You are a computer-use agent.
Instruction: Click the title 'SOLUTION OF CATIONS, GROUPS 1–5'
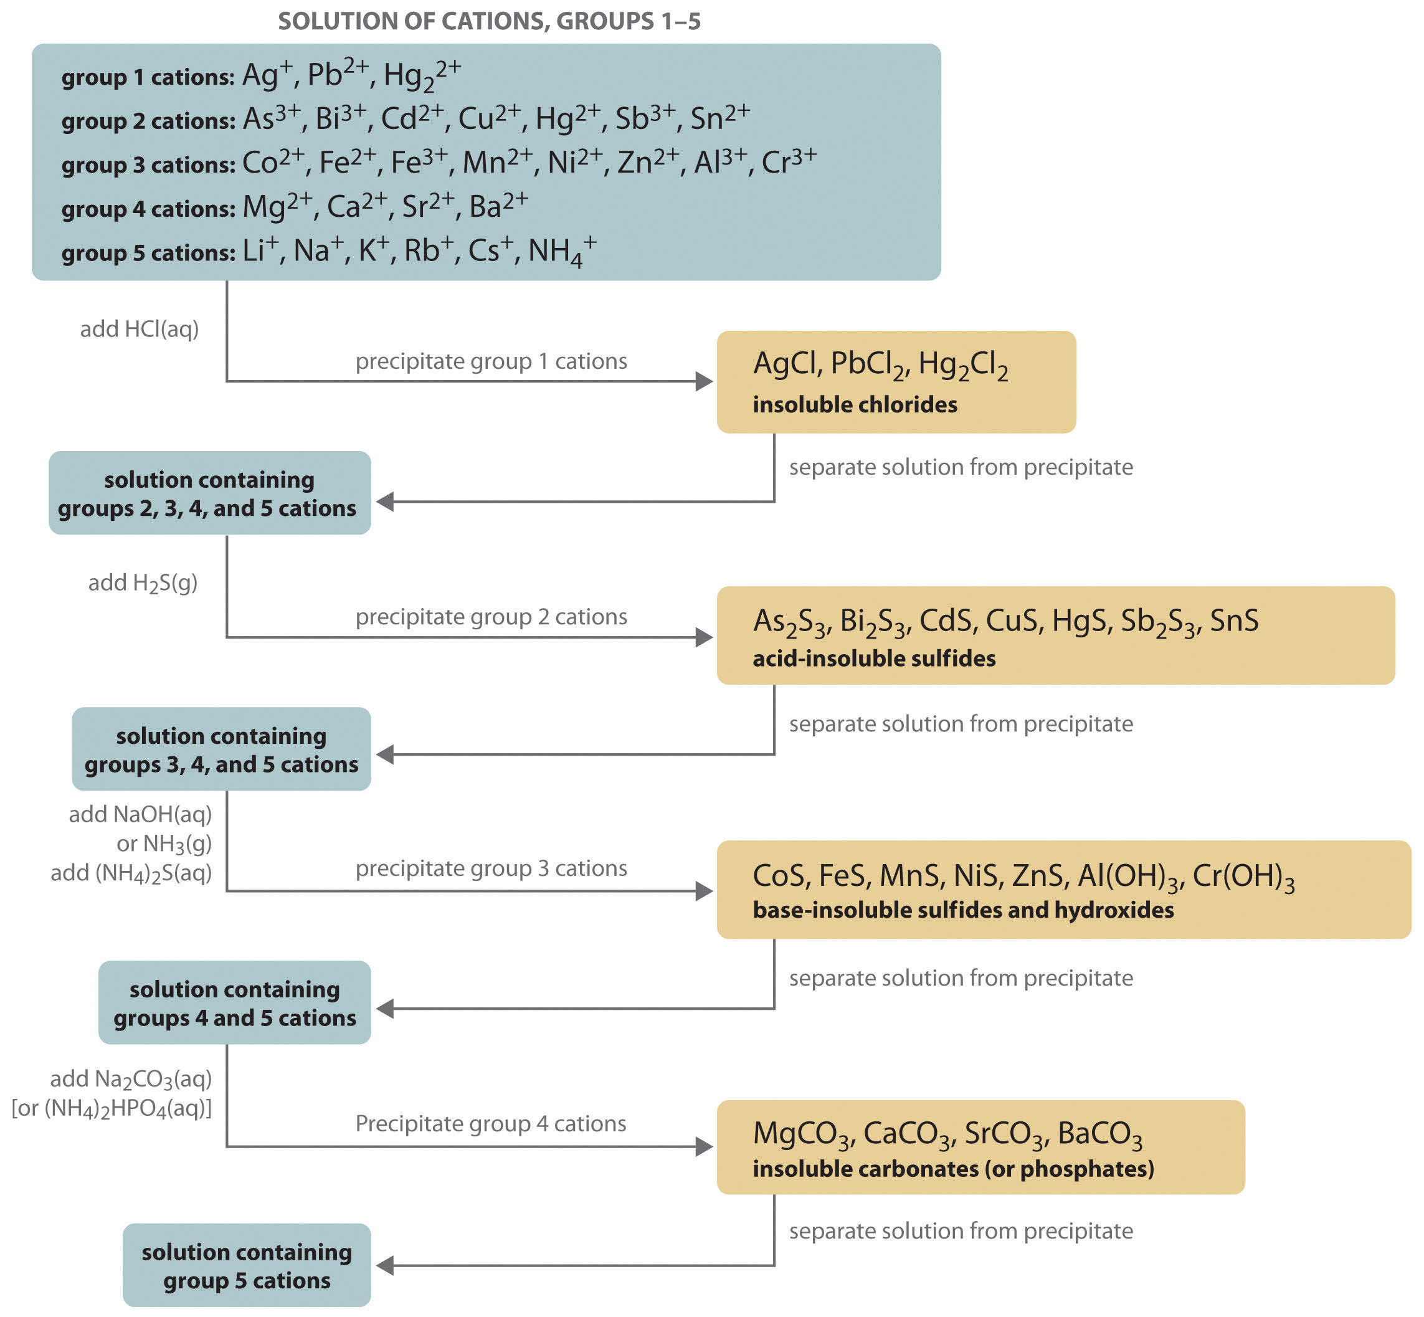[489, 21]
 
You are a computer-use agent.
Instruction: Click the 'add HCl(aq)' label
[139, 329]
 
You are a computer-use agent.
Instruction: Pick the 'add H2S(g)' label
[143, 583]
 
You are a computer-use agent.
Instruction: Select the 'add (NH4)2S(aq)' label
[131, 873]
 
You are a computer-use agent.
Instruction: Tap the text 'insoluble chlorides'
[855, 405]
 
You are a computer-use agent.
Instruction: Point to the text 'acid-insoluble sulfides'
[874, 658]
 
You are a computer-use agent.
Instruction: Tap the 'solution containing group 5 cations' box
[247, 1266]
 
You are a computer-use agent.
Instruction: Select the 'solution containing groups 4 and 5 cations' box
[234, 1003]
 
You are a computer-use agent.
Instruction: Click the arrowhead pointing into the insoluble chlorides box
[704, 381]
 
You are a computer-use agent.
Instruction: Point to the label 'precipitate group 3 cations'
[491, 868]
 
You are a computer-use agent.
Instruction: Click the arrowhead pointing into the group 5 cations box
[385, 1266]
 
